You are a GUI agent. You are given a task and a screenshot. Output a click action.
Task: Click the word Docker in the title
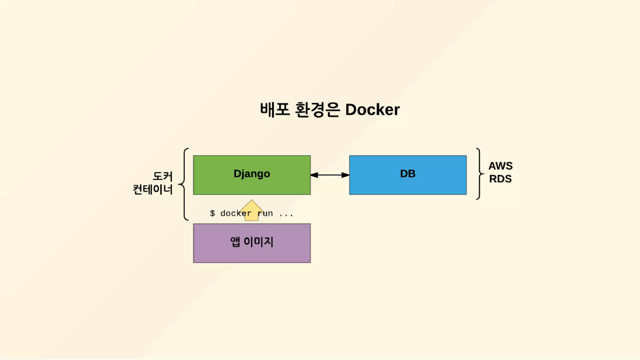(372, 110)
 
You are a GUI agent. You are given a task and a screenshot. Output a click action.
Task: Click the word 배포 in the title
(275, 110)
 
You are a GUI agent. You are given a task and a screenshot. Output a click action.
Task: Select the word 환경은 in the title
(317, 110)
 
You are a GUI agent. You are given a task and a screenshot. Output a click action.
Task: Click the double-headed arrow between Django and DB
(330, 175)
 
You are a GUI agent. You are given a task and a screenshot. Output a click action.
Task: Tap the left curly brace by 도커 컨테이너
(184, 184)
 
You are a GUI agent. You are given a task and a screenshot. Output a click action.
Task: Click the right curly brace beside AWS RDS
(479, 174)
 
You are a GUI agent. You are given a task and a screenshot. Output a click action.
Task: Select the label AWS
(500, 166)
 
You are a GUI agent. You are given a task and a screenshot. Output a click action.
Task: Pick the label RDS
(500, 179)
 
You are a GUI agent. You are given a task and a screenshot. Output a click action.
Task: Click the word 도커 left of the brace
(162, 176)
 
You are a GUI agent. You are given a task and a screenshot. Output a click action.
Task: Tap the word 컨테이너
(153, 189)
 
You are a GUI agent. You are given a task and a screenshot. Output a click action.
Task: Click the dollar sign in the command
(212, 213)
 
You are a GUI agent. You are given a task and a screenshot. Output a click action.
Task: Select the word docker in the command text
(236, 213)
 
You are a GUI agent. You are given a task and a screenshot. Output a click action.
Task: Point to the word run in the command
(265, 213)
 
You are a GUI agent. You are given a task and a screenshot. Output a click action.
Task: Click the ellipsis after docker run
(286, 214)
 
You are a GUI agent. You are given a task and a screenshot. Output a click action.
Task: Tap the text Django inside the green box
(252, 174)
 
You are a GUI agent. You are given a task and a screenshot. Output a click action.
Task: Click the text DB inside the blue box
(407, 174)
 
